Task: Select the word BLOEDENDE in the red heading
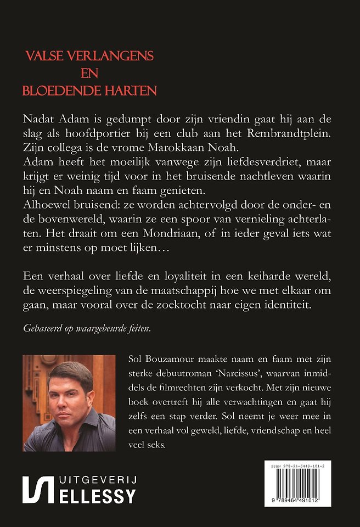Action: (59, 90)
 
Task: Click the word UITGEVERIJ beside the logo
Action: (96, 480)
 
